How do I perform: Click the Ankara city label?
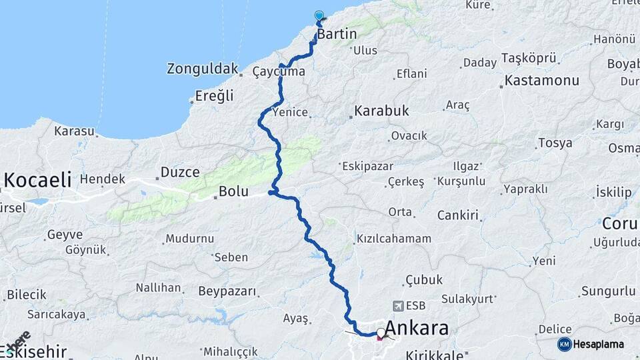click(x=417, y=329)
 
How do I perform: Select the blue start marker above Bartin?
click(x=319, y=16)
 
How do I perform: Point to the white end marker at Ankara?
click(x=381, y=332)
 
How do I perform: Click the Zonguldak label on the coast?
click(x=203, y=69)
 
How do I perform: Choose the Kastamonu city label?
click(x=542, y=81)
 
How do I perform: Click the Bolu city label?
click(x=233, y=192)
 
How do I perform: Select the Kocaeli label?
click(x=37, y=179)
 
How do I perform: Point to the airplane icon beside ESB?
click(x=399, y=306)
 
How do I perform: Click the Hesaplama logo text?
click(x=599, y=344)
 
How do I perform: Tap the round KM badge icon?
click(x=564, y=344)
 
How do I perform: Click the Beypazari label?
click(x=227, y=291)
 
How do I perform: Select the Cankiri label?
click(x=458, y=215)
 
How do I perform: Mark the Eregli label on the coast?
click(x=215, y=96)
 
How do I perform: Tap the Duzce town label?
click(x=180, y=172)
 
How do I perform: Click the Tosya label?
click(x=555, y=143)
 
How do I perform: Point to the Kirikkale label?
click(x=429, y=355)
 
